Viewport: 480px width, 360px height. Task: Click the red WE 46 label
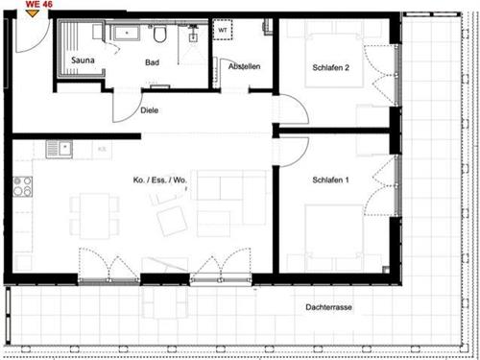38,4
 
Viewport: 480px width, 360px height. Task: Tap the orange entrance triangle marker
33,13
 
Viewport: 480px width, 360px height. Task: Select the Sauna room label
83,60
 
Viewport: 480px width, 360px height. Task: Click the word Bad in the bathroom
152,62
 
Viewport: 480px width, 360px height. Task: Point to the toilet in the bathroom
159,35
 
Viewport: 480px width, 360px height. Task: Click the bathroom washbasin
127,33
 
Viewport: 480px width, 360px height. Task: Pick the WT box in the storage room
223,30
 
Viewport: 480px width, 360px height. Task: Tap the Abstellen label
244,66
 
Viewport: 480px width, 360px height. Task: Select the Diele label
150,110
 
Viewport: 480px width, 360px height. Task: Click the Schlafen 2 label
330,68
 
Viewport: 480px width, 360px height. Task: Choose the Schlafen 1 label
330,180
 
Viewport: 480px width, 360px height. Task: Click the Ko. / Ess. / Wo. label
159,180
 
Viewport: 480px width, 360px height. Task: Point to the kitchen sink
60,150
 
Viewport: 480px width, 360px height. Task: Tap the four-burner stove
22,186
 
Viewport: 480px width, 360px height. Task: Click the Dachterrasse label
328,307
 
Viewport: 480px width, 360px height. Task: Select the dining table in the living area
95,215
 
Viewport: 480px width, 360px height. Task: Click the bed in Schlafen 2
334,60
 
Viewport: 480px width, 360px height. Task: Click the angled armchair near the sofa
172,221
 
